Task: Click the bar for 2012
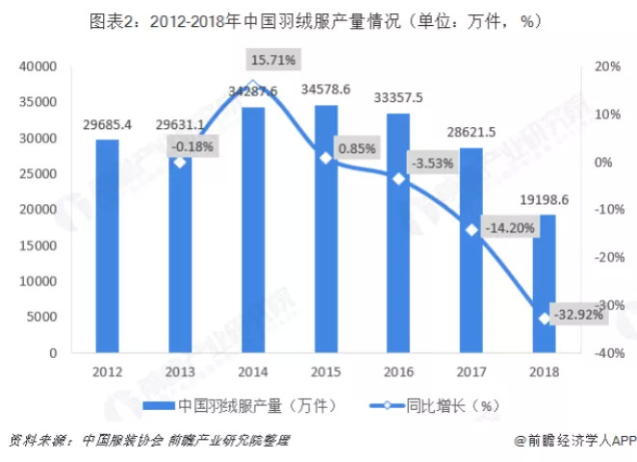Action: [108, 246]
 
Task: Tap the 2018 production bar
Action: [545, 284]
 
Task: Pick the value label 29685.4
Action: [108, 125]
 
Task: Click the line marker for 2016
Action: [398, 178]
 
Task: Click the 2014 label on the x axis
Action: [253, 371]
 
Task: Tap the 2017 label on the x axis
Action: [471, 371]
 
